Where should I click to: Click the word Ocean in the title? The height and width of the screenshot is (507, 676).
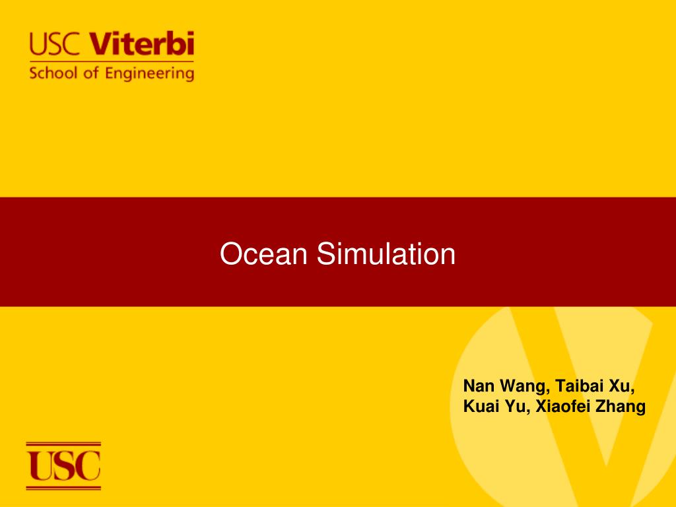pos(265,254)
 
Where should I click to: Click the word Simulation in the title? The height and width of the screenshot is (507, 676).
pos(386,254)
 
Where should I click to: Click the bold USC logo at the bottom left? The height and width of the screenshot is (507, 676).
pos(63,465)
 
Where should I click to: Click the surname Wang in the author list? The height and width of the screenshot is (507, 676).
pos(518,386)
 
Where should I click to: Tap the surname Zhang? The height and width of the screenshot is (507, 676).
pos(621,407)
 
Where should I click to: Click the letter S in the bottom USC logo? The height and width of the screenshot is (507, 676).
pos(65,465)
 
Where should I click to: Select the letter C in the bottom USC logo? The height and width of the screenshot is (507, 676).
pos(88,465)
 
